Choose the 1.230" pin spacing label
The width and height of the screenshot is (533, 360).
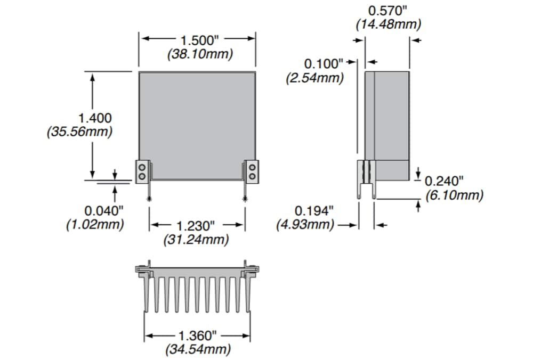(x=197, y=226)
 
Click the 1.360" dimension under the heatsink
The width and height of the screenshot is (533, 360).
(x=198, y=336)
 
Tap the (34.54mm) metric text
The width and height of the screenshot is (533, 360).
(x=198, y=349)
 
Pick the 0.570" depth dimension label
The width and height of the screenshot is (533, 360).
(x=387, y=10)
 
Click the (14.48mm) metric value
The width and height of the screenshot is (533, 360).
(x=388, y=24)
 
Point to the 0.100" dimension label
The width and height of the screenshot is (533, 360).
(x=325, y=63)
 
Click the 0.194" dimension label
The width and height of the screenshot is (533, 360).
(x=314, y=210)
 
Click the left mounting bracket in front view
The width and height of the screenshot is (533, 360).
(x=142, y=171)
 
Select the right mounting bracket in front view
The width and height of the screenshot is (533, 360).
(x=252, y=171)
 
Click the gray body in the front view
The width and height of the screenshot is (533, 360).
(x=197, y=122)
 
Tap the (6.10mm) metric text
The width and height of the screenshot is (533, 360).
(x=454, y=195)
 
